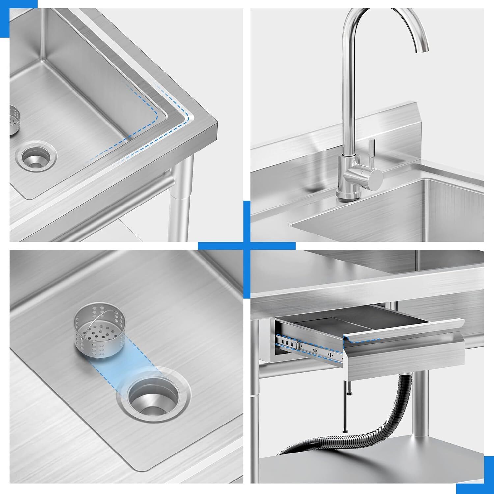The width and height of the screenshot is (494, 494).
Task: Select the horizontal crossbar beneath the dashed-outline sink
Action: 99,211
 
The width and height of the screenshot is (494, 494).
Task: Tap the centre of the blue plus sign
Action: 247,245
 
